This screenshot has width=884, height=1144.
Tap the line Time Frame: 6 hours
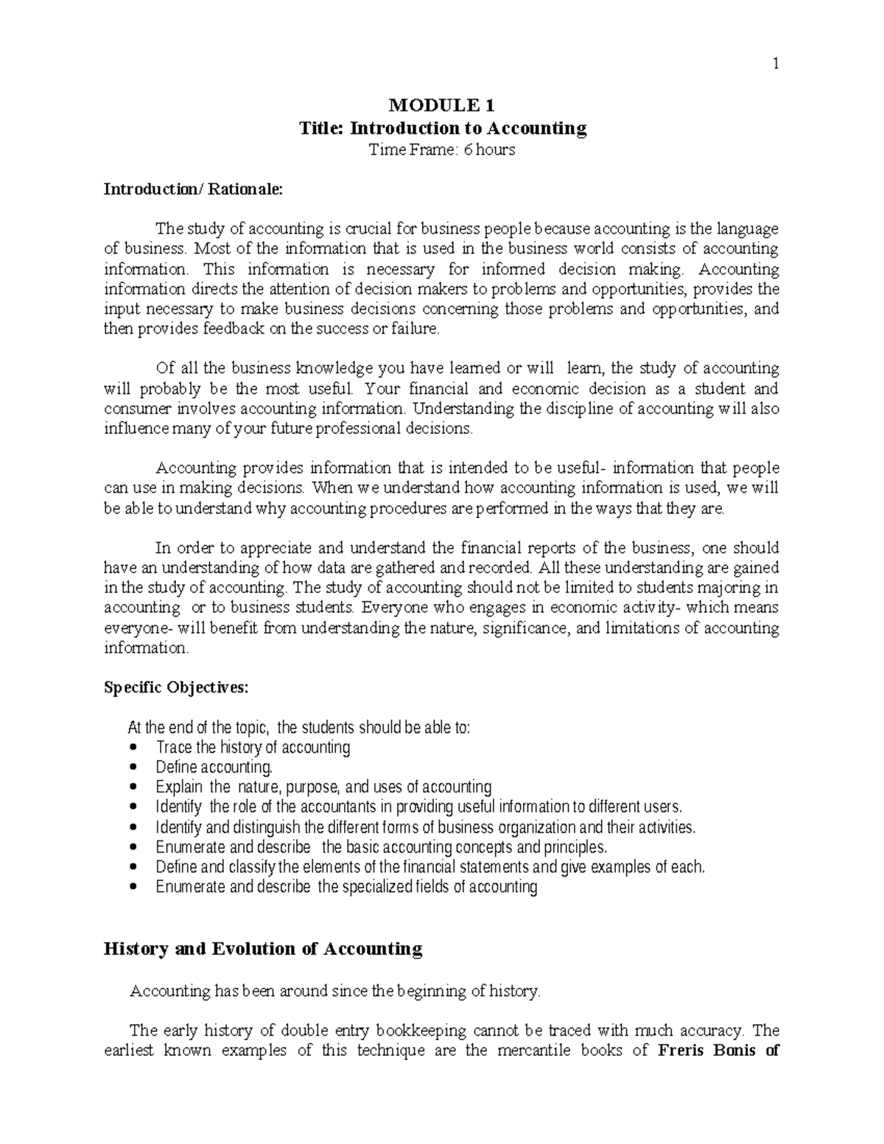442,150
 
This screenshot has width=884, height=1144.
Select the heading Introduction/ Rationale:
192,189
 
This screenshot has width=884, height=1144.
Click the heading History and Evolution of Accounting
264,949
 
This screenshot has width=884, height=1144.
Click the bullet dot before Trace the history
133,747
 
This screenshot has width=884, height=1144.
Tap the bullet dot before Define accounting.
133,767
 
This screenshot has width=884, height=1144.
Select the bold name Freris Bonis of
717,1050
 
